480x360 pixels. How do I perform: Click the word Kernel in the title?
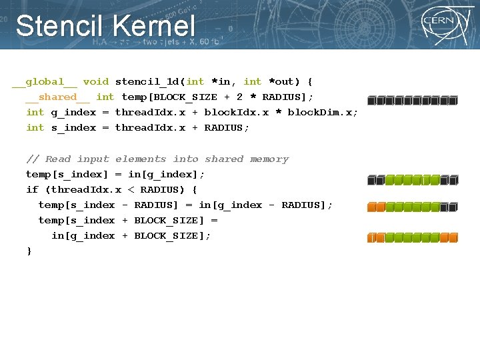coord(154,27)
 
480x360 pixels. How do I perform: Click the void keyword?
coord(96,82)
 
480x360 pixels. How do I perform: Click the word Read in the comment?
coord(58,159)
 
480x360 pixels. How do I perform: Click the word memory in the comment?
coord(269,159)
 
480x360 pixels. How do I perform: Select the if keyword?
coord(32,190)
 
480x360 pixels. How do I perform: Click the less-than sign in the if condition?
coord(131,190)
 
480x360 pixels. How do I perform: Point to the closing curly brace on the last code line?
coord(29,251)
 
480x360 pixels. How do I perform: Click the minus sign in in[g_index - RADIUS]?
coord(272,205)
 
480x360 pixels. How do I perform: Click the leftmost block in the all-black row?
coord(371,101)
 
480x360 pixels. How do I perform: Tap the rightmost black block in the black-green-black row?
coord(453,180)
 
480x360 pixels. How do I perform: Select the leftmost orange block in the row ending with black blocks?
coord(371,207)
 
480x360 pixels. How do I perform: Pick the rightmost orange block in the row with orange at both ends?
coord(453,237)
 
